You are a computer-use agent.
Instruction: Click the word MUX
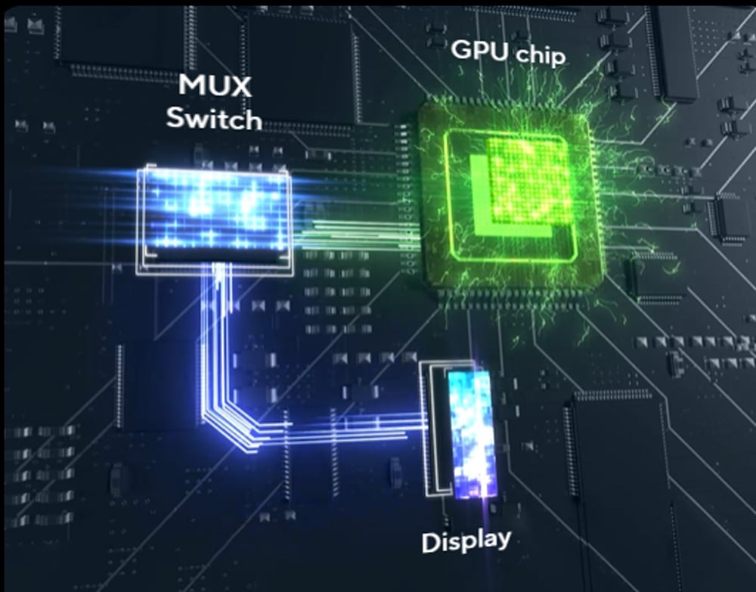tap(215, 85)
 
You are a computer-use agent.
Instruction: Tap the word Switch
tap(214, 118)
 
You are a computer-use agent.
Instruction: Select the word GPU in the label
tap(481, 50)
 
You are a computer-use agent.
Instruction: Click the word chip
tap(539, 55)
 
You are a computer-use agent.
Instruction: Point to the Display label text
tap(466, 541)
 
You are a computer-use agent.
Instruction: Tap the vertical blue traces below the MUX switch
tap(216, 333)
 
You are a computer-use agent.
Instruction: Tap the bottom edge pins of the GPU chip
tap(511, 294)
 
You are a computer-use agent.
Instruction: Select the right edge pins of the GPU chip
tap(601, 193)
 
